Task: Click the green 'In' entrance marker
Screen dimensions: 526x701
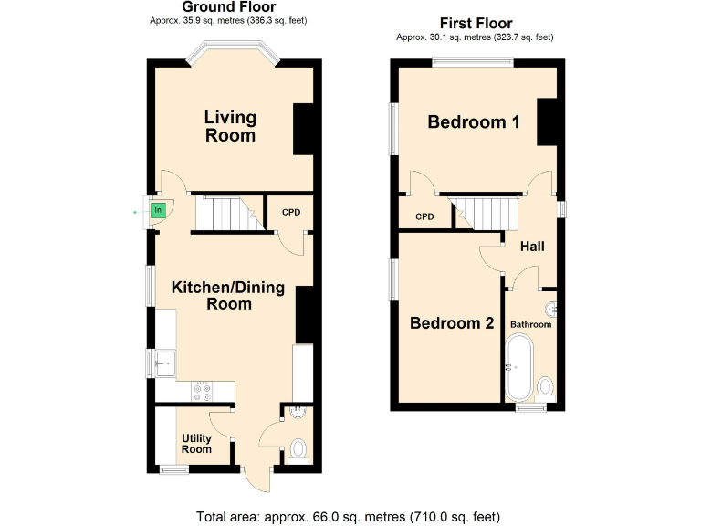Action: pyautogui.click(x=158, y=211)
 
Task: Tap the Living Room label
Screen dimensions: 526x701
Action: pyautogui.click(x=230, y=126)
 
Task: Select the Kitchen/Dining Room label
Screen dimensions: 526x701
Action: pyautogui.click(x=228, y=296)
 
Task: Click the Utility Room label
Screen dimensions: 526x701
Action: pyautogui.click(x=196, y=444)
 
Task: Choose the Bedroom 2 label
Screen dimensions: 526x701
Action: pyautogui.click(x=452, y=323)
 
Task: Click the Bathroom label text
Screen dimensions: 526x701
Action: pyautogui.click(x=530, y=324)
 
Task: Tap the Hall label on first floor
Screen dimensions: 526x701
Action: pyautogui.click(x=532, y=247)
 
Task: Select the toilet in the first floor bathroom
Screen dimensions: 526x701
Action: pyautogui.click(x=546, y=387)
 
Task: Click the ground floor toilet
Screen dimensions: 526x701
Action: pyautogui.click(x=297, y=449)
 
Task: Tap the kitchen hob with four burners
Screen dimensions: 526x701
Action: pyautogui.click(x=202, y=391)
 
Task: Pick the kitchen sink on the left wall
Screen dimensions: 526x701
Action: pyautogui.click(x=164, y=363)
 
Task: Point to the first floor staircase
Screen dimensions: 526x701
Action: pyautogui.click(x=487, y=214)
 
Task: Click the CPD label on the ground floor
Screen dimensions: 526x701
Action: pyautogui.click(x=290, y=213)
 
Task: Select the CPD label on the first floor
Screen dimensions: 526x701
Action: pyautogui.click(x=424, y=216)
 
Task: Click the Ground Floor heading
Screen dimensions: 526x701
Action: pyautogui.click(x=235, y=7)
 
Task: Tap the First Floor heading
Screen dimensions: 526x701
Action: pyautogui.click(x=476, y=24)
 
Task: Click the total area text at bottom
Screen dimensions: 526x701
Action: pyautogui.click(x=349, y=516)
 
